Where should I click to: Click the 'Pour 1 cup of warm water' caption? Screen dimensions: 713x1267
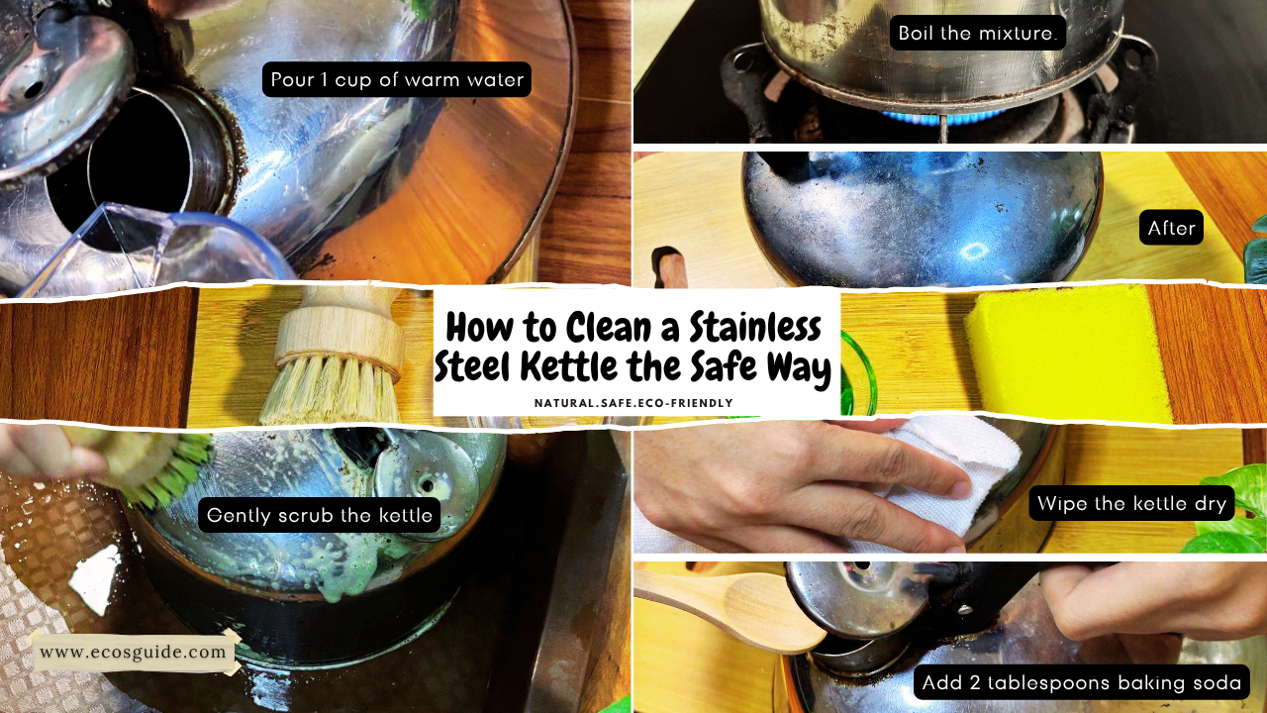pyautogui.click(x=397, y=79)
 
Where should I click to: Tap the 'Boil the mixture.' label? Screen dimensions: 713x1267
pyautogui.click(x=978, y=33)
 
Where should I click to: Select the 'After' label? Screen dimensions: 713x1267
pyautogui.click(x=1172, y=229)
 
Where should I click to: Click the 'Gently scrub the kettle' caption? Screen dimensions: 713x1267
pyautogui.click(x=320, y=515)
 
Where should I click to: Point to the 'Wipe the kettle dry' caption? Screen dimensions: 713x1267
pyautogui.click(x=1132, y=503)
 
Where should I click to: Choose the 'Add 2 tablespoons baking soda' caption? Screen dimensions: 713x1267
pyautogui.click(x=1081, y=682)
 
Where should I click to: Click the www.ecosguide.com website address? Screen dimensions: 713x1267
pyautogui.click(x=134, y=652)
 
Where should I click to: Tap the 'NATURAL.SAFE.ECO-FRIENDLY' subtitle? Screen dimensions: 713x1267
pyautogui.click(x=633, y=403)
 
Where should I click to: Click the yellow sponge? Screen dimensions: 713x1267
pyautogui.click(x=1069, y=352)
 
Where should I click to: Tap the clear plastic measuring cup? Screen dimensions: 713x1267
pyautogui.click(x=158, y=248)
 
